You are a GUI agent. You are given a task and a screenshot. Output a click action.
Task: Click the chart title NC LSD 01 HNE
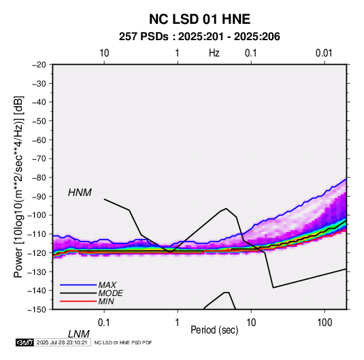click(x=199, y=19)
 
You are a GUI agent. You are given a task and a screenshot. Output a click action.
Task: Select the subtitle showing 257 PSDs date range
click(x=199, y=37)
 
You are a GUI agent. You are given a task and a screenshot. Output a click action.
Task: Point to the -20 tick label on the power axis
click(x=39, y=65)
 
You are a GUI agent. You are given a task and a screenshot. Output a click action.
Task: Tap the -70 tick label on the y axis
click(x=39, y=159)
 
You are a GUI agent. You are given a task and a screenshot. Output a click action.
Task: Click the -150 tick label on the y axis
click(x=37, y=309)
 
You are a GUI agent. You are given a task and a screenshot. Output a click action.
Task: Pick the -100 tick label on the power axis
click(x=37, y=215)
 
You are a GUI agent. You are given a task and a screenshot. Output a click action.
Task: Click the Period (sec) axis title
click(x=214, y=330)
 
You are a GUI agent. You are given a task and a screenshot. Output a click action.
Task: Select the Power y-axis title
click(x=18, y=186)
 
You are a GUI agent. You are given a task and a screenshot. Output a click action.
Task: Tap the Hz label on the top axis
click(x=214, y=53)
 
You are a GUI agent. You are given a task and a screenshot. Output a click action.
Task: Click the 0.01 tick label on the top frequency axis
click(x=324, y=53)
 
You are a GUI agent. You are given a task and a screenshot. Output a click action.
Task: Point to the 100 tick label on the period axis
click(x=324, y=323)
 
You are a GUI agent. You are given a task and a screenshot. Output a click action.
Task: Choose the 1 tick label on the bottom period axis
click(x=178, y=323)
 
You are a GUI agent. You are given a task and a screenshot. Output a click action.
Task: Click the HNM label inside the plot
click(x=80, y=193)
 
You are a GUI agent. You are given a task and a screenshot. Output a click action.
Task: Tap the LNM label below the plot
click(x=78, y=334)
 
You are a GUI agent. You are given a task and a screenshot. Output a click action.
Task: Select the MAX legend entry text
click(x=107, y=284)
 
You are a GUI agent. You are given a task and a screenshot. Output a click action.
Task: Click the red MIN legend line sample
click(x=78, y=301)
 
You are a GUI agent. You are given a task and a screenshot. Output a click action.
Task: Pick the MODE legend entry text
click(x=110, y=293)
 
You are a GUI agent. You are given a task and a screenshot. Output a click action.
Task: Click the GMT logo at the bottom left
click(x=24, y=342)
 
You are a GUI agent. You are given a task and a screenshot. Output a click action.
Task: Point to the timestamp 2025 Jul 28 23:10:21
click(x=62, y=342)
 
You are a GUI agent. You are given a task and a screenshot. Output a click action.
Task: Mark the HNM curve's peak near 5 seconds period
click(x=226, y=208)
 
